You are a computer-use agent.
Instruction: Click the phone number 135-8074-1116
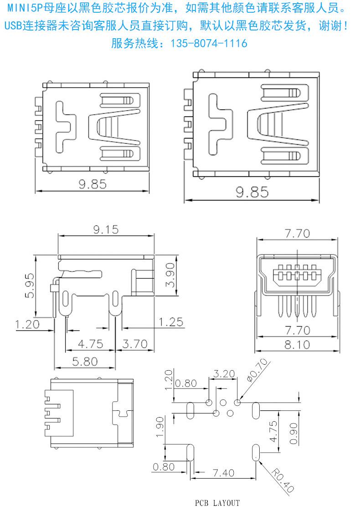coord(209,43)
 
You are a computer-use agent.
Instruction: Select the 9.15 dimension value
coord(106,229)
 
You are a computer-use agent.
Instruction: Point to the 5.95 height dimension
coord(30,286)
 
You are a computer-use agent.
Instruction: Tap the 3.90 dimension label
coord(170,275)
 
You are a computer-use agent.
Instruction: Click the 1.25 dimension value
coord(171,322)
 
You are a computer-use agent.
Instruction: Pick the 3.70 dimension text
coord(135,344)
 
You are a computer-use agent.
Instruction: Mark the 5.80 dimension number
coord(85,362)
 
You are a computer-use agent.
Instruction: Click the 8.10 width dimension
coord(297,344)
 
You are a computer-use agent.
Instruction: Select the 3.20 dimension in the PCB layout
coord(224,374)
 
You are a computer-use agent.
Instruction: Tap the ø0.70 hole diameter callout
coord(257,370)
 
